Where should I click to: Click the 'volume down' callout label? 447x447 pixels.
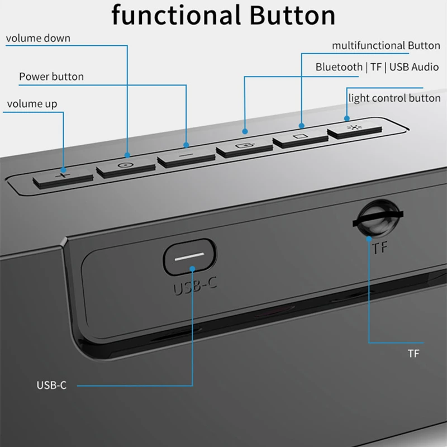38,38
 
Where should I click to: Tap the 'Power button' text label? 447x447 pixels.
51,77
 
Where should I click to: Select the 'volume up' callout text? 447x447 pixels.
32,104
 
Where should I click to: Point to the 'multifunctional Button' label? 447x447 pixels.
386,46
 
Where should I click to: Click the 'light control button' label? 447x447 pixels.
394,98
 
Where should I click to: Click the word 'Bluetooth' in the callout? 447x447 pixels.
339,67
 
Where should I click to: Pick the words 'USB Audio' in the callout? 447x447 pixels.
414,67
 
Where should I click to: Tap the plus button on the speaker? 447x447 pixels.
63,178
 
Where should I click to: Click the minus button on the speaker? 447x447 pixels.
186,158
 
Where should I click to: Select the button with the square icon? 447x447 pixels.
301,139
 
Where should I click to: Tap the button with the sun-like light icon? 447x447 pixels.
354,130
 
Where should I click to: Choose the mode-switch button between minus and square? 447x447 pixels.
245,148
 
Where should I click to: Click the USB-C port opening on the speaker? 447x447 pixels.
190,257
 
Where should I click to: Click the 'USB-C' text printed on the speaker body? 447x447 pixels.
195,286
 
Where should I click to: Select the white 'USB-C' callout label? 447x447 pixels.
51,386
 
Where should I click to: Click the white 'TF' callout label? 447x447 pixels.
413,354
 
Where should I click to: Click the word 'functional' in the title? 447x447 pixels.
176,15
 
